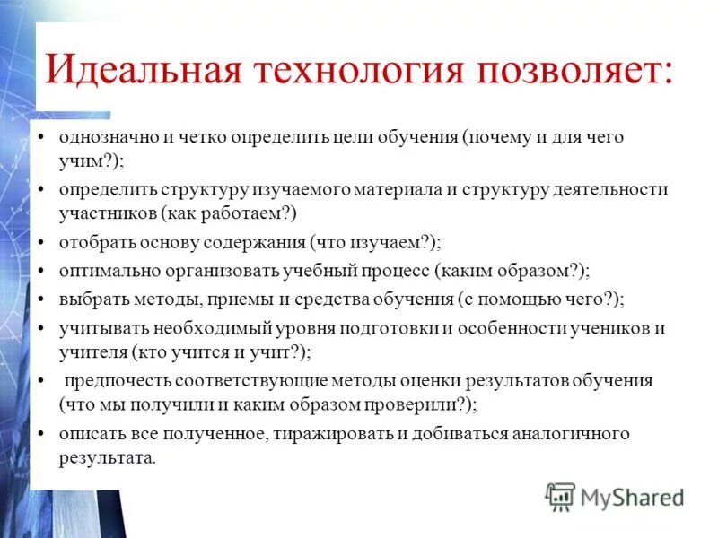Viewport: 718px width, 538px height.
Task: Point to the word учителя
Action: tap(93, 351)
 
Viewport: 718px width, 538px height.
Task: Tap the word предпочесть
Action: tap(114, 381)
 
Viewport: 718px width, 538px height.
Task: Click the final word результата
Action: tap(108, 456)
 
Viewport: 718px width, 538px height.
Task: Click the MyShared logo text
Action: tap(632, 496)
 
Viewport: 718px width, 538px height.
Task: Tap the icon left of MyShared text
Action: tap(560, 496)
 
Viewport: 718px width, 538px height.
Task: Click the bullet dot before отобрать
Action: tap(42, 243)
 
